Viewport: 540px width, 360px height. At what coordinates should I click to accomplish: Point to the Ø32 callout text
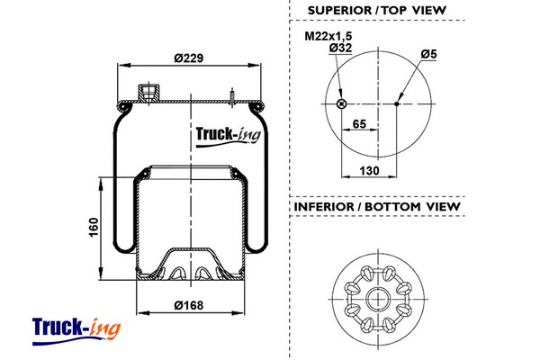tap(339, 47)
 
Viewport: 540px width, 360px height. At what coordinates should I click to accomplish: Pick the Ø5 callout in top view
tap(428, 54)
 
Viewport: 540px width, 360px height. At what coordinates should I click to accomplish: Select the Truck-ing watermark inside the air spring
tap(226, 136)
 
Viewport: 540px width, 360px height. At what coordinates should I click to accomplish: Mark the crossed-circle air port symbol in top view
tap(340, 104)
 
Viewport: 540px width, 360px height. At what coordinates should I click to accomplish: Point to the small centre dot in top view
tap(397, 104)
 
